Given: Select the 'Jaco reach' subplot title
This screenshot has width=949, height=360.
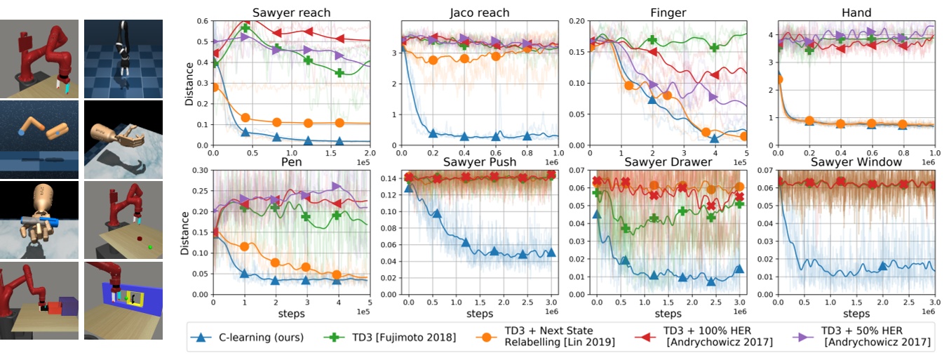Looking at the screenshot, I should click(479, 13).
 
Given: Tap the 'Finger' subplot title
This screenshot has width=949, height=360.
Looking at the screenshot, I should click(667, 13).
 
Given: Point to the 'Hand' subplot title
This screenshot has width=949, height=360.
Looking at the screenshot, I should click(856, 13).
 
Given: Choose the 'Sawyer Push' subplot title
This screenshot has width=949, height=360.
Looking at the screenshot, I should click(479, 162).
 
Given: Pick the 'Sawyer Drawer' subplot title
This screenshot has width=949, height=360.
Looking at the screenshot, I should click(667, 162).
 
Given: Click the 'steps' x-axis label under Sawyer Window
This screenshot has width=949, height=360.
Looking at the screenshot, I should click(856, 313).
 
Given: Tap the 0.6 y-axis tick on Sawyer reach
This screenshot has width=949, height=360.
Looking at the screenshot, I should click(204, 21).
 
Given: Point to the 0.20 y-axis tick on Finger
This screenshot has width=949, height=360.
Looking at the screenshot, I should click(577, 21).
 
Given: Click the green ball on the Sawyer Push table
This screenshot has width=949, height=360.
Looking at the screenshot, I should click(149, 246).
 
